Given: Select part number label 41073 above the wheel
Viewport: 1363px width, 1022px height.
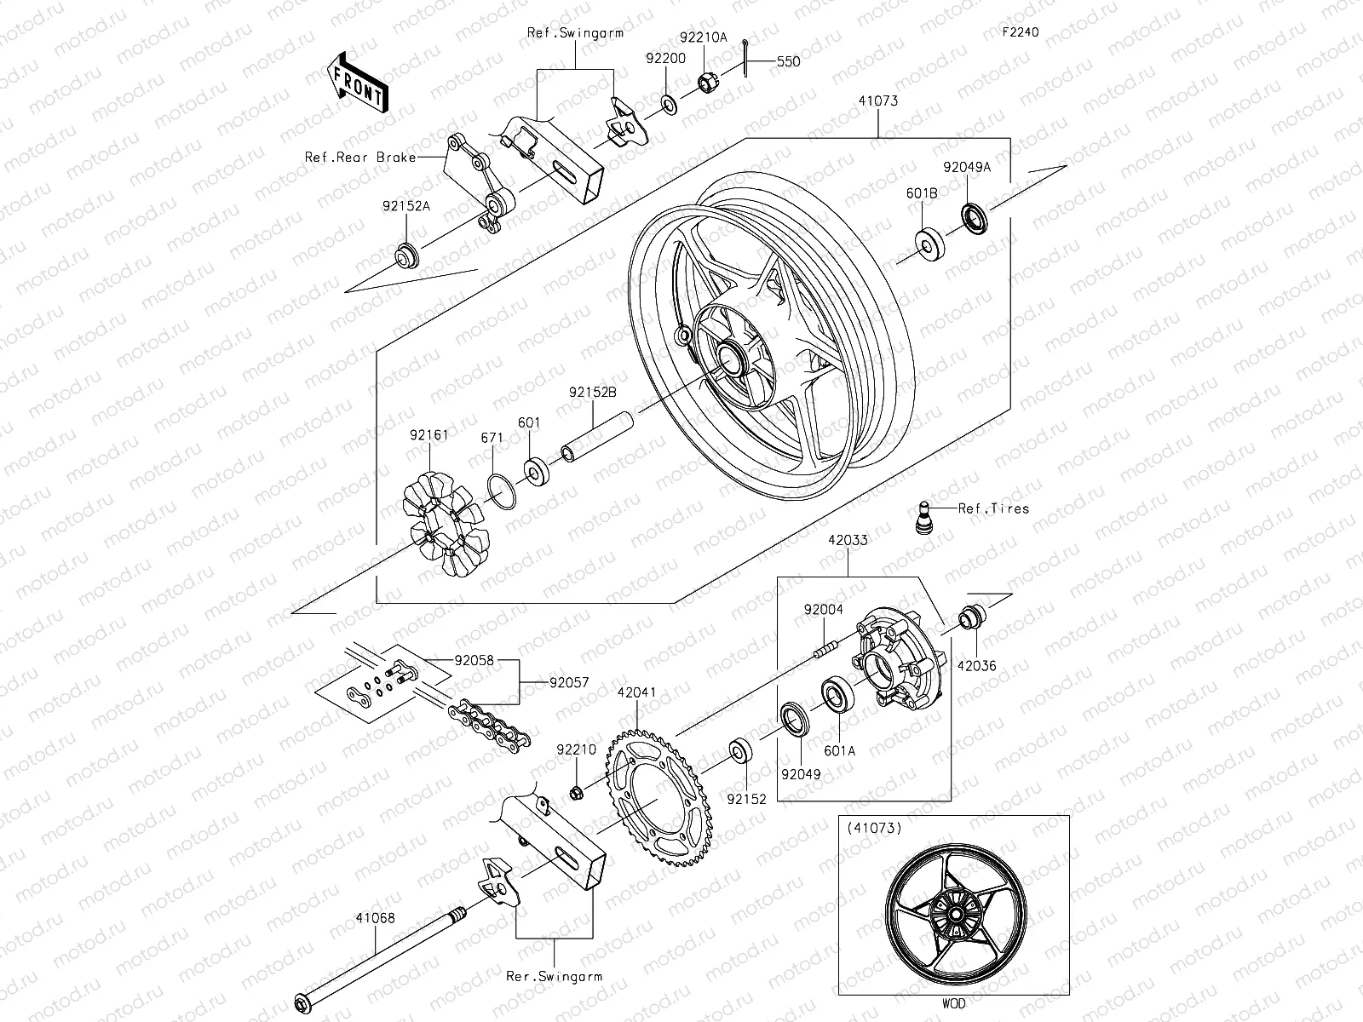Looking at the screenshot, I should [x=877, y=100].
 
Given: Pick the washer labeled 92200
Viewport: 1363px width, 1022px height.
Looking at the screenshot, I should [x=669, y=105].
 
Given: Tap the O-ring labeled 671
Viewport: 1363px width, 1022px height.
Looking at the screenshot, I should [x=501, y=491].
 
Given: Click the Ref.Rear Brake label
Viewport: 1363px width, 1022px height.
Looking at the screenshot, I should [x=361, y=158].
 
